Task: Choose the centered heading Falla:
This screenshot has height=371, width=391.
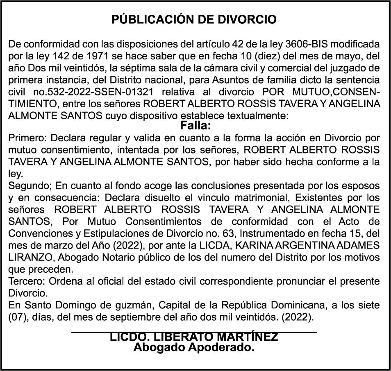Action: tap(195, 124)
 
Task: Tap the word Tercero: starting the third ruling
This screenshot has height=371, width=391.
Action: tap(27, 282)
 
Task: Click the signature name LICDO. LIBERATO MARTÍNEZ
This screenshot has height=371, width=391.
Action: tap(194, 337)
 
